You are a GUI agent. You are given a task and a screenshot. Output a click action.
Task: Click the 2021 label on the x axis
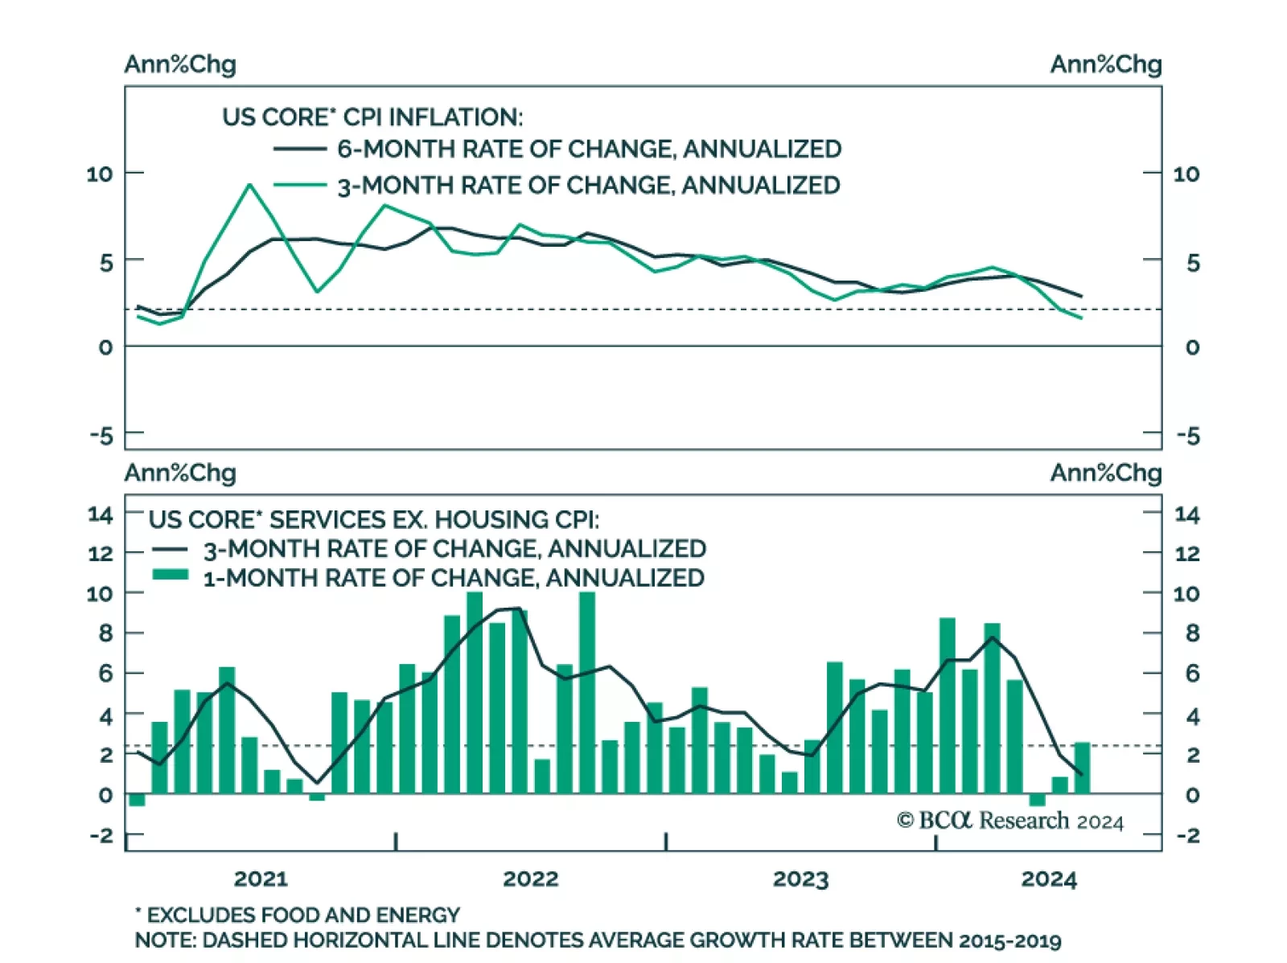tap(261, 879)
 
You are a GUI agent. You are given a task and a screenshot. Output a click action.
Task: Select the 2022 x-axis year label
tap(531, 879)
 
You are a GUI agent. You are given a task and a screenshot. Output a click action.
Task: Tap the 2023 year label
tap(800, 879)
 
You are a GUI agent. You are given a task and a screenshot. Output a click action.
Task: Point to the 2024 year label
tap(1049, 879)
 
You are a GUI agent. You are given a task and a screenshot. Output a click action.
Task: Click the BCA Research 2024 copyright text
tap(1010, 821)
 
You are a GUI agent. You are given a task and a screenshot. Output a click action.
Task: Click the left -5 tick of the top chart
tap(102, 436)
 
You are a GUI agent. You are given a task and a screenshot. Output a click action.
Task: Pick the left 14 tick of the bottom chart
tap(101, 514)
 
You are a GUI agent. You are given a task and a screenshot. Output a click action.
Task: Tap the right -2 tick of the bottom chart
tap(1187, 836)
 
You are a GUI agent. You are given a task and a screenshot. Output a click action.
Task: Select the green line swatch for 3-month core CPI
tap(299, 185)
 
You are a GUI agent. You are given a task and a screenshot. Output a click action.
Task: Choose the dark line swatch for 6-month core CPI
tap(299, 149)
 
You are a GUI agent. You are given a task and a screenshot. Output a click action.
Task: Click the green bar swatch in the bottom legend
tap(170, 575)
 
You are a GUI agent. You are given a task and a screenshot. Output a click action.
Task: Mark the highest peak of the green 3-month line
tap(249, 185)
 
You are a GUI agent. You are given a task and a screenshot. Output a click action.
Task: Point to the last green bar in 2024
tap(1082, 768)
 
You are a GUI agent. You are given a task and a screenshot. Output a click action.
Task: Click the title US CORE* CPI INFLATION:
tap(372, 117)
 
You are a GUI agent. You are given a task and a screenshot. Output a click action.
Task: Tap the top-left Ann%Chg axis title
tap(180, 64)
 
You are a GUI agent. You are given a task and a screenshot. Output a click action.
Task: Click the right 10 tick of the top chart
tap(1186, 174)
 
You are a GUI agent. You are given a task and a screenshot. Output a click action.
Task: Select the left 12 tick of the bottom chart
tap(101, 554)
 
